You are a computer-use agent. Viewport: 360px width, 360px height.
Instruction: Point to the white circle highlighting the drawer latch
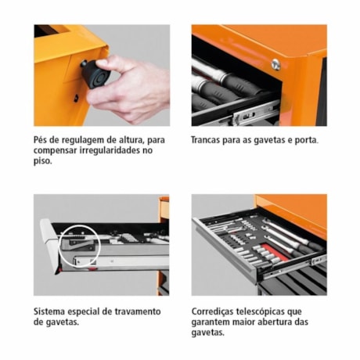click(x=78, y=244)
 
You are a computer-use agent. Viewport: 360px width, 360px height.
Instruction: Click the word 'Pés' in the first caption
click(x=42, y=140)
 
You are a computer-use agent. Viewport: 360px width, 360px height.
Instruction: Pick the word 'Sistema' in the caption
click(x=51, y=311)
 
